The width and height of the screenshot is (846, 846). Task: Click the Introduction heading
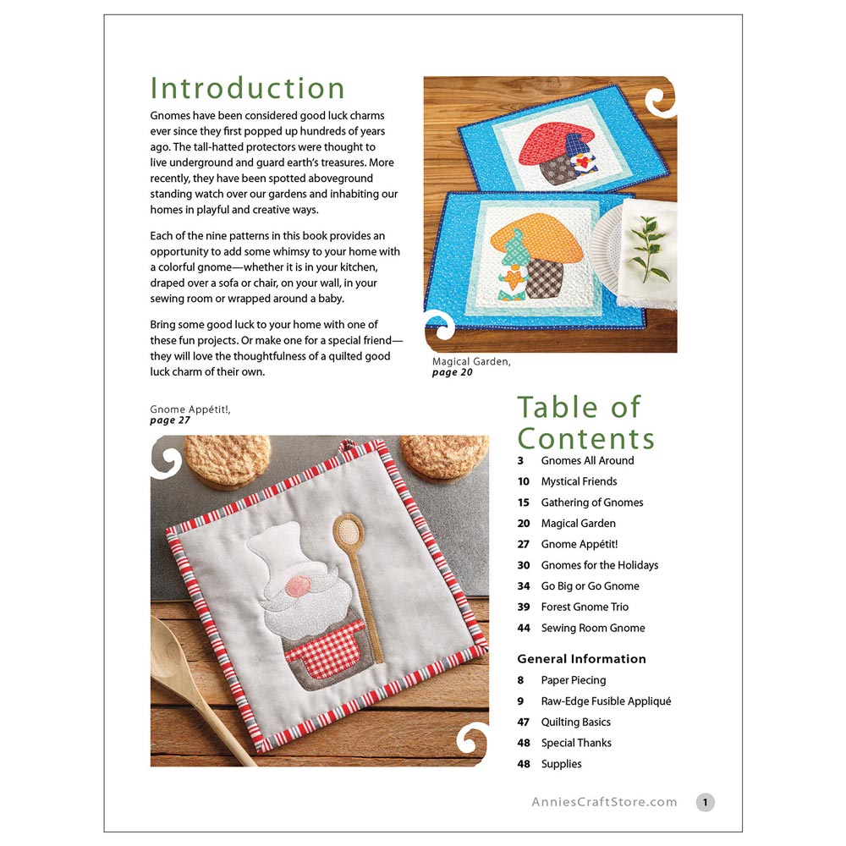pyautogui.click(x=247, y=89)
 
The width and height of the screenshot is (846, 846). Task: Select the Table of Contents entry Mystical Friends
pyautogui.click(x=579, y=481)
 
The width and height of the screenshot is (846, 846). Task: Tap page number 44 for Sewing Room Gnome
pyautogui.click(x=524, y=628)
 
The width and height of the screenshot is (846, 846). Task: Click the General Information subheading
pyautogui.click(x=582, y=659)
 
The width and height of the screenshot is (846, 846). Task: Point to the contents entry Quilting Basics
pyautogui.click(x=575, y=722)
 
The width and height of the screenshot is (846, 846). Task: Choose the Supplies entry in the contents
pyautogui.click(x=561, y=764)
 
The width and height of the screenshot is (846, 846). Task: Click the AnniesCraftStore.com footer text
pyautogui.click(x=604, y=802)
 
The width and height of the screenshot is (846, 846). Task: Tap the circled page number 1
pyautogui.click(x=706, y=802)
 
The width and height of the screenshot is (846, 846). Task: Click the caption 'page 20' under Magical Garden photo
pyautogui.click(x=452, y=373)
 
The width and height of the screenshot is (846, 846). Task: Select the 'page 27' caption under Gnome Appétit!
pyautogui.click(x=170, y=420)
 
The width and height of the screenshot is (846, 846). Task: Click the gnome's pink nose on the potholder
pyautogui.click(x=298, y=586)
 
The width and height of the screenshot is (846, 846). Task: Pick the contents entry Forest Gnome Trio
pyautogui.click(x=585, y=607)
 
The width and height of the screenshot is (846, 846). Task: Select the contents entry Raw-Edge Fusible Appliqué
pyautogui.click(x=606, y=700)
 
